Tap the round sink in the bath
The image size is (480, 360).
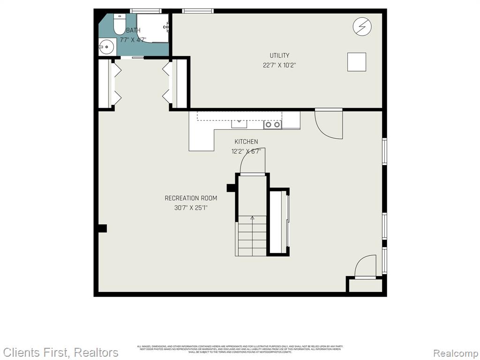coord(106,46)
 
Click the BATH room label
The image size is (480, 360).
coord(133,30)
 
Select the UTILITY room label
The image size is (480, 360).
coord(279,56)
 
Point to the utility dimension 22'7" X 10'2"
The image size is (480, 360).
coord(279,66)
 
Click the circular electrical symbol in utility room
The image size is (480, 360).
coord(362,27)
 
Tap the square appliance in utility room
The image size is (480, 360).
coord(356,62)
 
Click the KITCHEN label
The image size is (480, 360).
coord(246,142)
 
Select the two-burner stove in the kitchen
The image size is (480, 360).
coord(272,124)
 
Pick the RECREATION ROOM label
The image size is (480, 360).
coord(191,198)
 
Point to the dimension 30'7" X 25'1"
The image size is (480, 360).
coord(191,208)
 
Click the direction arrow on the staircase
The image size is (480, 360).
coord(252,218)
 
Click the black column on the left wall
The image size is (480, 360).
coord(102,228)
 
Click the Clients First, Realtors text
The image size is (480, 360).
coord(61,352)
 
